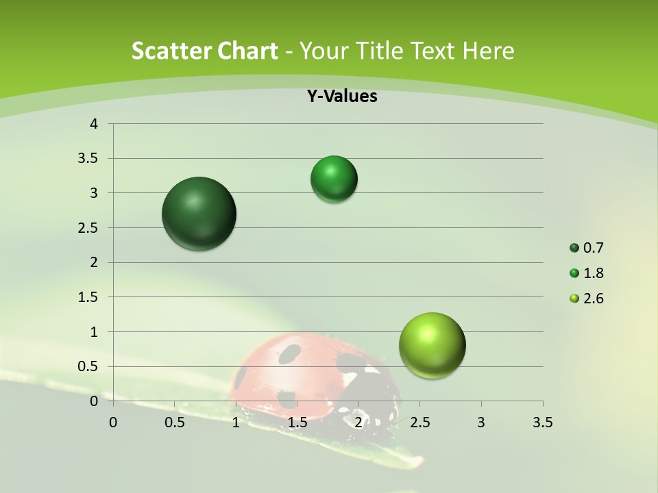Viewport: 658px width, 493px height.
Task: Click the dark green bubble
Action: tap(199, 214)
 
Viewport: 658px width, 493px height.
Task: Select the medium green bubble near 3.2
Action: tap(334, 179)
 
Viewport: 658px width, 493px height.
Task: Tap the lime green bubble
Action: tap(432, 345)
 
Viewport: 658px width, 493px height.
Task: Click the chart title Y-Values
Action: tap(341, 97)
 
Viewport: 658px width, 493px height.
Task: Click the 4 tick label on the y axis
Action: tap(94, 124)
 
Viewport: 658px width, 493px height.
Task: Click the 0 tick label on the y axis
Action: tap(94, 401)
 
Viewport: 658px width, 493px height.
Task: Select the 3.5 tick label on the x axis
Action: tap(542, 422)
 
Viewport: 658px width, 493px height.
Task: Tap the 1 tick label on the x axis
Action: tap(236, 422)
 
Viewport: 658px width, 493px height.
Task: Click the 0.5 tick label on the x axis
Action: tap(174, 422)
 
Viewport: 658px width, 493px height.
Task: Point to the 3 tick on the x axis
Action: tap(481, 422)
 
